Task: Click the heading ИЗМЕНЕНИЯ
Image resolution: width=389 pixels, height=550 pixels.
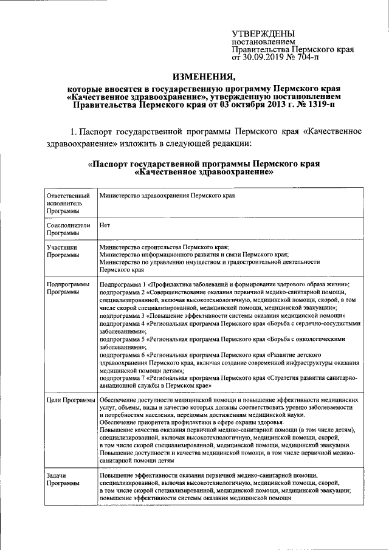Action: [204, 77]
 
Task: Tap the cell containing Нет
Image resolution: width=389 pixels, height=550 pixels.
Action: [105, 225]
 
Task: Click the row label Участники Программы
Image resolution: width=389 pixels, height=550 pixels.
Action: [63, 251]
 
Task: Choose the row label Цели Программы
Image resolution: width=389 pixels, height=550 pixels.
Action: [71, 400]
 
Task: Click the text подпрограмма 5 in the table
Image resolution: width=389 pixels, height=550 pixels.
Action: [123, 340]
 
